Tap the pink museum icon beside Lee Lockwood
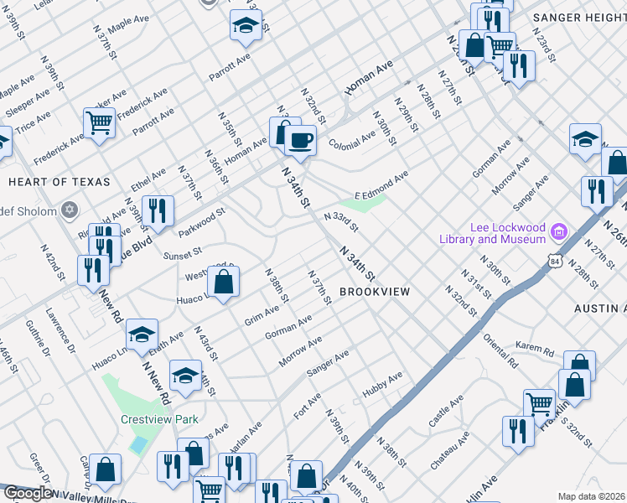tap(561, 228)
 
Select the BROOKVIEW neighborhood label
tap(375, 291)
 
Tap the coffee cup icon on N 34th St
tap(300, 139)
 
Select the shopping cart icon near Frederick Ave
tap(99, 123)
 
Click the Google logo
tap(27, 494)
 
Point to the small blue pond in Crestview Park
tap(137, 445)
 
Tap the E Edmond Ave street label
tap(381, 183)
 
